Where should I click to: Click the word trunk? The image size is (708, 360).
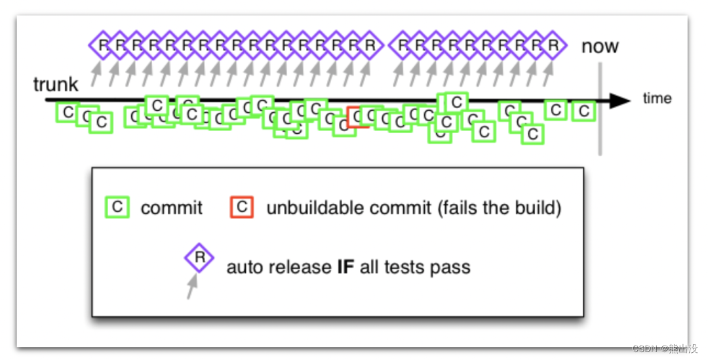point(56,84)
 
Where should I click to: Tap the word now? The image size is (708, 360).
point(600,47)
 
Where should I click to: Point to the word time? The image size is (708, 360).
point(657,98)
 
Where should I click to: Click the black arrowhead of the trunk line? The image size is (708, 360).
point(619,100)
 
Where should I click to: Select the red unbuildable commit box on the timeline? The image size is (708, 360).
point(357,117)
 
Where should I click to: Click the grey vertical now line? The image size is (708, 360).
point(599,131)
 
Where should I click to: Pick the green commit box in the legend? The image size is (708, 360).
point(117,207)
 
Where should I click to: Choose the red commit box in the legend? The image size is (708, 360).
point(242,207)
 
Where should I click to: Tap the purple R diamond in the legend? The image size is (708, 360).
point(199,258)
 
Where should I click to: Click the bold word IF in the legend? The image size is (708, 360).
point(345,268)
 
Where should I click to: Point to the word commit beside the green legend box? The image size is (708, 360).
point(172,209)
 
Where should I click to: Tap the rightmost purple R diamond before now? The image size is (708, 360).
point(553,45)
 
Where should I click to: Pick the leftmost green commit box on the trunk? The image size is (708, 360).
point(68,112)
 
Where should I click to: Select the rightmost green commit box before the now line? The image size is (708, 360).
point(583,111)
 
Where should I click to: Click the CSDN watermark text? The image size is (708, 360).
point(662,348)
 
